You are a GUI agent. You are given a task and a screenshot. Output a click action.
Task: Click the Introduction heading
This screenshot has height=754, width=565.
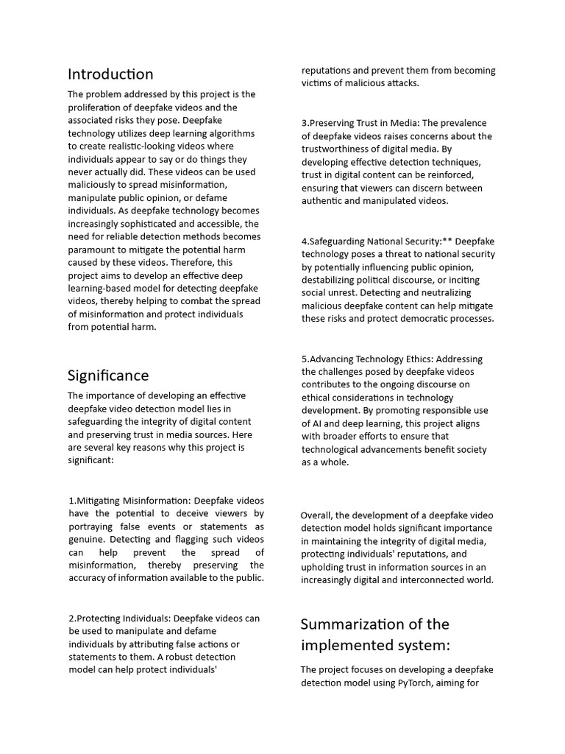110,74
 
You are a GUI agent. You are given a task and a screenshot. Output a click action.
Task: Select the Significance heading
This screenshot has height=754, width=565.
108,376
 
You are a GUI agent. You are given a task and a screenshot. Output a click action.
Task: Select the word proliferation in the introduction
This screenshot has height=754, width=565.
98,108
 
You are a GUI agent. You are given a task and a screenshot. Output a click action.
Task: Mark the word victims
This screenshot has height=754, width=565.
318,83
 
